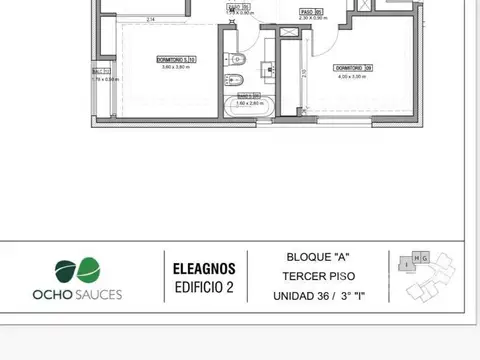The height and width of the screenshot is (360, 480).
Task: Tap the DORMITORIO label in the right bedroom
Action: click(x=353, y=67)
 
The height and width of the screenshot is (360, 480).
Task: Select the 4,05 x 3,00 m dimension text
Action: click(x=353, y=74)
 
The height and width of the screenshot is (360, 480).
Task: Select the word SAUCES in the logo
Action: click(x=96, y=296)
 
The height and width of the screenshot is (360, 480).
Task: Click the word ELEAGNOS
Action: click(x=203, y=269)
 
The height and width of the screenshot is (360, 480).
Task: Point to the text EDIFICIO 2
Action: click(x=203, y=288)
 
